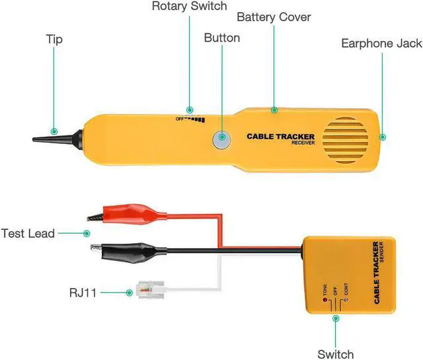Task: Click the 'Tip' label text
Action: [x=54, y=40]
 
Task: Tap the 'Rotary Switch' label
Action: [x=189, y=7]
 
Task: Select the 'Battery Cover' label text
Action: [x=274, y=17]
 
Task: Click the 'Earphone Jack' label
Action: [x=381, y=44]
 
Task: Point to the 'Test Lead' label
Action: [x=28, y=233]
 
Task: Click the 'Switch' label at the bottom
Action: [x=335, y=353]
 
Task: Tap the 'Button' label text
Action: [x=221, y=38]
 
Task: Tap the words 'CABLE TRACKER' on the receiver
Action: [x=281, y=137]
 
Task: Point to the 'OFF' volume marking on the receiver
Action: [x=178, y=119]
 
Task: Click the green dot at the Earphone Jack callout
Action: [x=382, y=137]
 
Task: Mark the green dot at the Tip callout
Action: [x=54, y=131]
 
